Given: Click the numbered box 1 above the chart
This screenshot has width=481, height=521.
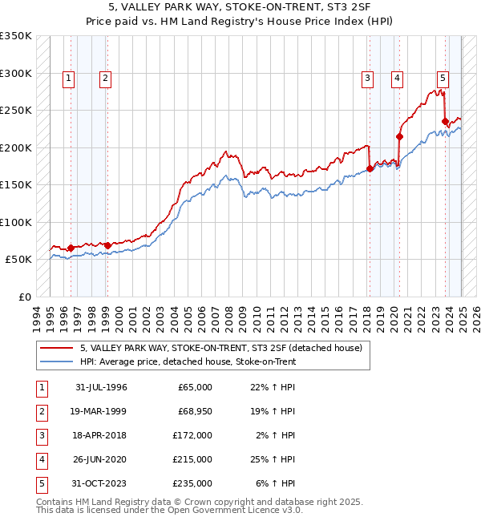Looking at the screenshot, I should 69,78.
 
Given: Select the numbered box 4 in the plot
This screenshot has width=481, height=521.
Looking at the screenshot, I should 397,78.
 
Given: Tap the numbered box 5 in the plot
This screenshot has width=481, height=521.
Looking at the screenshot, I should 443,78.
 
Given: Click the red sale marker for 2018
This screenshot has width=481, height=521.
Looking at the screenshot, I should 370,168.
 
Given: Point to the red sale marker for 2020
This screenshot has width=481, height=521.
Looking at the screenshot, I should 399,136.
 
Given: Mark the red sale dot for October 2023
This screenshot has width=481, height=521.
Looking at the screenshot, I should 445,122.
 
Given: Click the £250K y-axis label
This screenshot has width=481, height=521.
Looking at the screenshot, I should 15,110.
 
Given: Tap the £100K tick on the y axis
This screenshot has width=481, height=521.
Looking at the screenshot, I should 15,222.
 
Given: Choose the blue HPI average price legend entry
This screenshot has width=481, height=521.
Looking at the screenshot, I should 188,361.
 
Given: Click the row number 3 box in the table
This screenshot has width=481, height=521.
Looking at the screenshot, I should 41,435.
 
